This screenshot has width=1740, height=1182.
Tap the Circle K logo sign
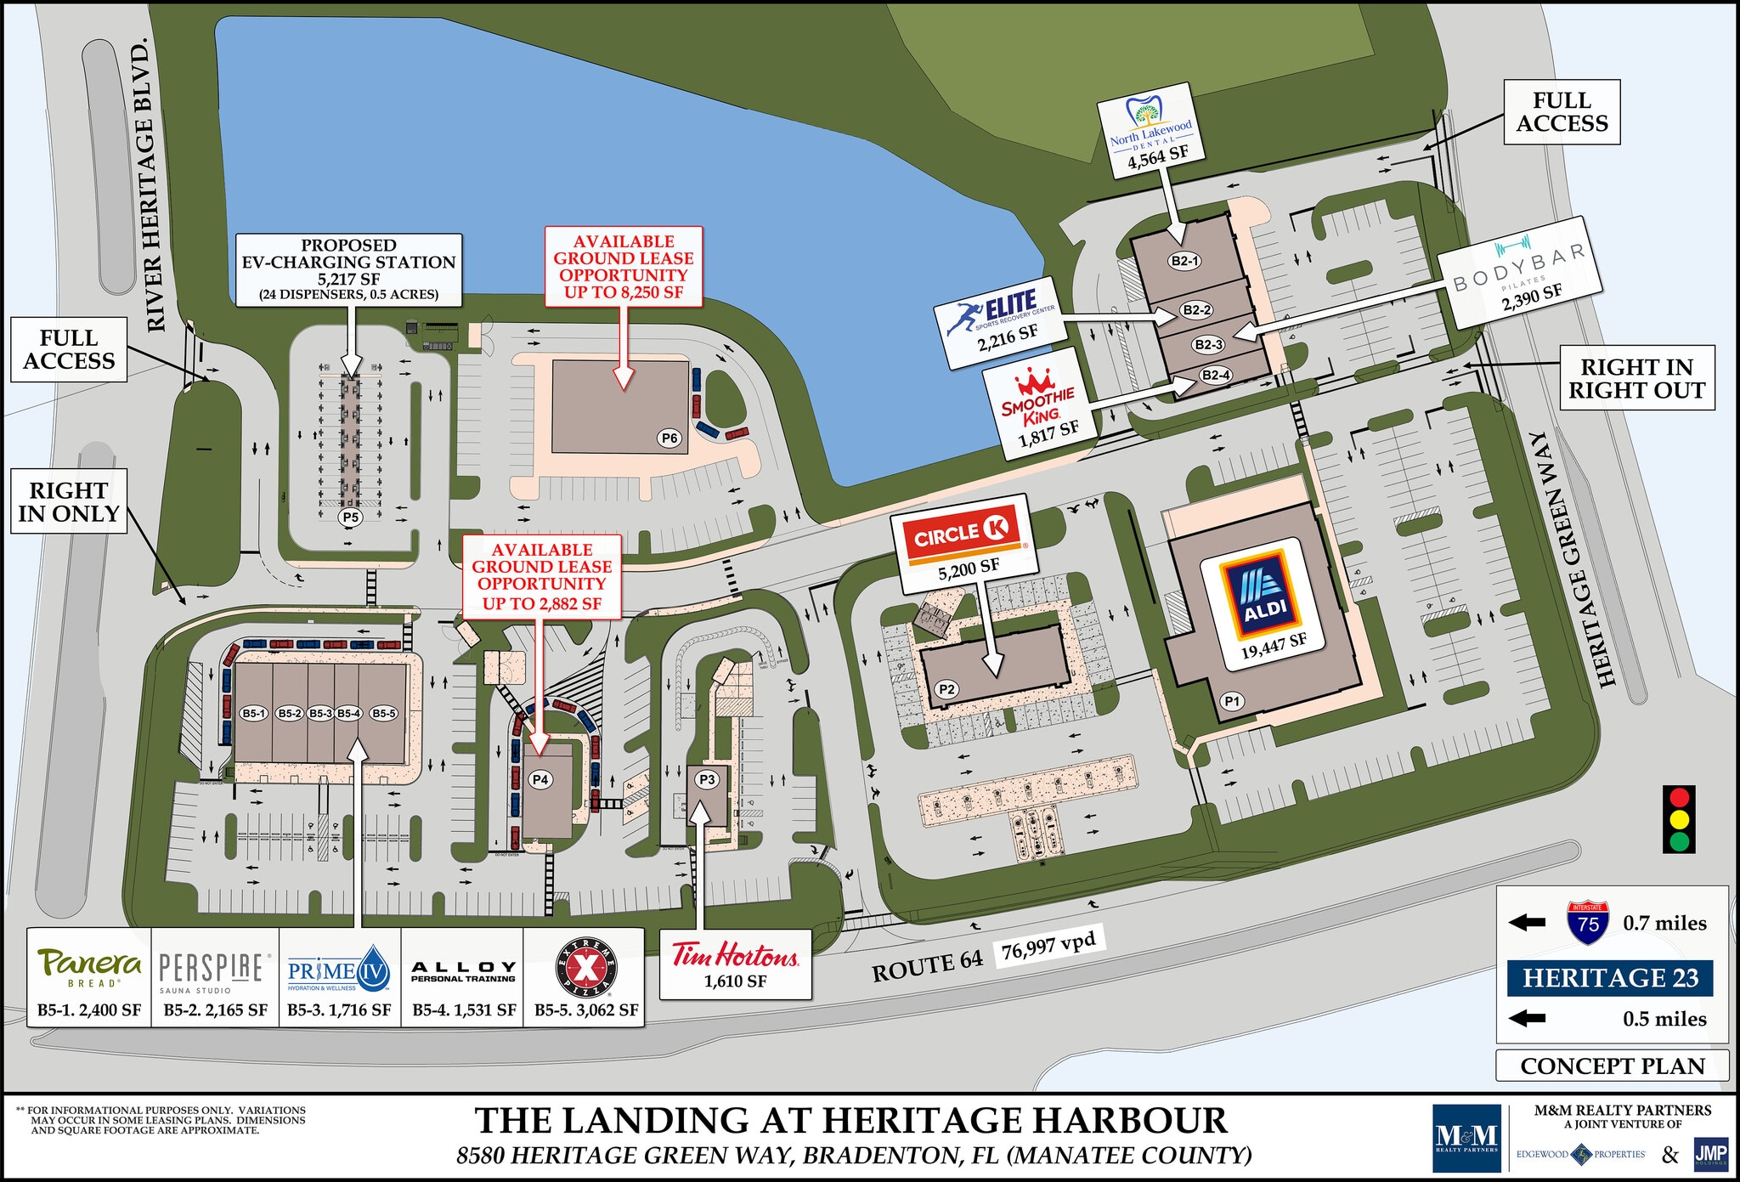click(x=961, y=534)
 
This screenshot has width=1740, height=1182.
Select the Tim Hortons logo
click(x=735, y=955)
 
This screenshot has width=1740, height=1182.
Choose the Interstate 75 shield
click(x=1587, y=923)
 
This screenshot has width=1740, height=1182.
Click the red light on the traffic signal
click(x=1679, y=798)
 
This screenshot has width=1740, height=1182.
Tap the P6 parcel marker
click(x=669, y=438)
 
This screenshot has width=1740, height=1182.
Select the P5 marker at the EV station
click(x=350, y=517)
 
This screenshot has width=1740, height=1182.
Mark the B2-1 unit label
click(x=1184, y=261)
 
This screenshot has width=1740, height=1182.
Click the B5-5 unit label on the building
click(x=383, y=714)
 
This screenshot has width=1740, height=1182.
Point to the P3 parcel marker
click(x=707, y=779)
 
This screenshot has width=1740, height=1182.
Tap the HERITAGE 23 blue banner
click(x=1610, y=978)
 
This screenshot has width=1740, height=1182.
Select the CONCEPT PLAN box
click(x=1612, y=1066)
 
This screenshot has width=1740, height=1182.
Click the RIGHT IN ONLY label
click(x=69, y=502)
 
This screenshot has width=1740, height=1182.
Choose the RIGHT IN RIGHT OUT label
click(x=1636, y=378)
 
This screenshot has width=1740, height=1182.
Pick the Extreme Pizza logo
click(x=586, y=968)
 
